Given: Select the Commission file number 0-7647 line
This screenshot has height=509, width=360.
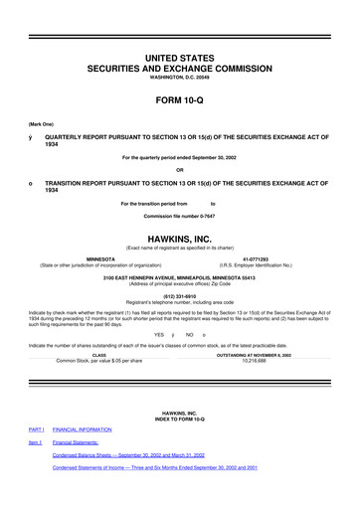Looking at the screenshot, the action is click(x=180, y=216).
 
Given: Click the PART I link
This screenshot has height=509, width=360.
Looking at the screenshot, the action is click(x=37, y=429).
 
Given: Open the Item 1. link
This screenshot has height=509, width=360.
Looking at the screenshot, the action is click(x=36, y=442).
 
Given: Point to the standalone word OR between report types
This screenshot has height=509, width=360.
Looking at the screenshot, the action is click(x=180, y=166).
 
